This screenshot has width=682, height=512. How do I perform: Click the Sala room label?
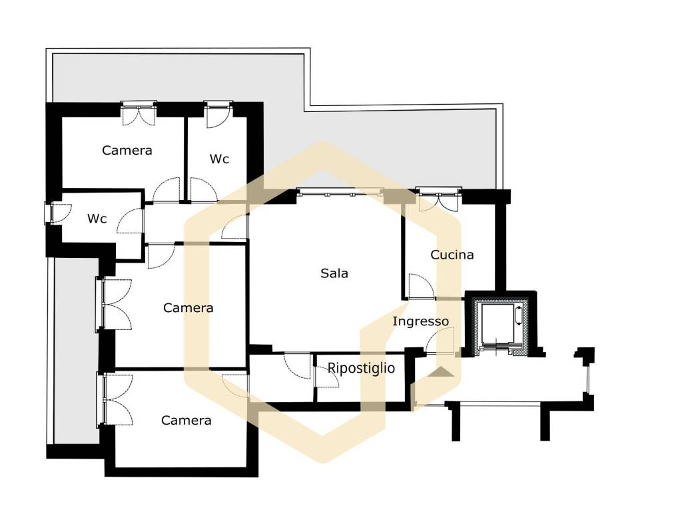click(334, 273)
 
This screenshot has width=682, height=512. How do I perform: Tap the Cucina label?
click(452, 255)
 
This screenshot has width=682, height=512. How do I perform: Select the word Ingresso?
click(421, 322)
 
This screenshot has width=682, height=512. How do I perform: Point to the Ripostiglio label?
click(361, 368)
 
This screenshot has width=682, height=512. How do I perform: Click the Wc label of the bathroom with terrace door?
click(219, 159)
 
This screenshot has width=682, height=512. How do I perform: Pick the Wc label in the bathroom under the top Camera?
click(97, 219)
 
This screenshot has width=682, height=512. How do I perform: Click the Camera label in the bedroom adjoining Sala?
click(188, 308)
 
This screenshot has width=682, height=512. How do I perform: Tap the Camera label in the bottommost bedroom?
click(186, 420)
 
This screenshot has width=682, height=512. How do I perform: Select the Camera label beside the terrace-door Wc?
click(127, 150)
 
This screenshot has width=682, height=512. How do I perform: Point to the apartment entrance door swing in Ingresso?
click(440, 341)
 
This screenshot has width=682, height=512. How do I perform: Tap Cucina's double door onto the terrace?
click(438, 200)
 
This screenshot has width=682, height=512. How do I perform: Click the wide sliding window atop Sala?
click(340, 192)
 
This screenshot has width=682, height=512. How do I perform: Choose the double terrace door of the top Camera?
click(139, 114)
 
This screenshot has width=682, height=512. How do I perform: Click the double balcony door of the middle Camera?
click(114, 304)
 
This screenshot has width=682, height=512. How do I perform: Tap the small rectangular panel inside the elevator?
click(518, 315)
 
